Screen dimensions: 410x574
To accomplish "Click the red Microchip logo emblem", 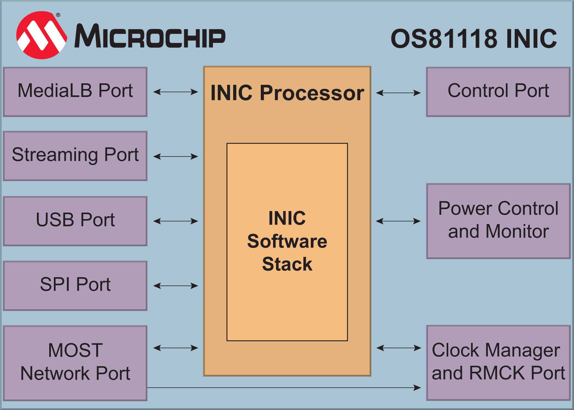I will (42, 35).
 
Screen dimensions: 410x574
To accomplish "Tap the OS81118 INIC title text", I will (474, 39).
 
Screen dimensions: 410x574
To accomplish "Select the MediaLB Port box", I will (75, 92).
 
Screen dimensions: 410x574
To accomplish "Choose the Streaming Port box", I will (75, 156).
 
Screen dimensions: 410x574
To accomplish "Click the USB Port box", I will (75, 221).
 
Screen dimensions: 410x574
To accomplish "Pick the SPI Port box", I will (75, 285).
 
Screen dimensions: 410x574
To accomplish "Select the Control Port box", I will (498, 92).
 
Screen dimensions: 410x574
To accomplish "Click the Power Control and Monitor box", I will (498, 221).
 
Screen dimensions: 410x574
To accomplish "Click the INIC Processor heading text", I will (287, 93).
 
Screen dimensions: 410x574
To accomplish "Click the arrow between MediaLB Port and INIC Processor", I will (175, 92).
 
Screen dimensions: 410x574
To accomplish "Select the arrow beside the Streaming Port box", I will (175, 157).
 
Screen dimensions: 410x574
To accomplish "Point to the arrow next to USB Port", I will (175, 221).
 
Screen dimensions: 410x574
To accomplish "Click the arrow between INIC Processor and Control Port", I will (398, 93).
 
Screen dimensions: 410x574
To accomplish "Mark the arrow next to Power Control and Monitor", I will (398, 221).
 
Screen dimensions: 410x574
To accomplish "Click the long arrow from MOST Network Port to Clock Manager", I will (284, 387).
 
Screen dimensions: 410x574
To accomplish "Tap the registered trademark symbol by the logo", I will (58, 15).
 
